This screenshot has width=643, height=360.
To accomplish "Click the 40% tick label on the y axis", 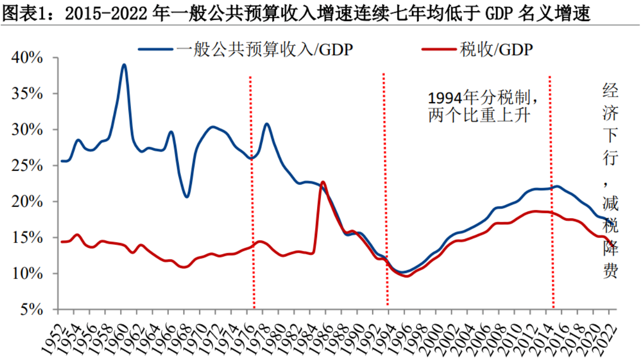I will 29,58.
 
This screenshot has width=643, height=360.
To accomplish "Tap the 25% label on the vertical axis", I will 29,166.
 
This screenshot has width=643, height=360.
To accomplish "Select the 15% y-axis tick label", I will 29,238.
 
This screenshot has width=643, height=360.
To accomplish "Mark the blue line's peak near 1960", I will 124,65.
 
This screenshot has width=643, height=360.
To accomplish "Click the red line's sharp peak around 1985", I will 323,182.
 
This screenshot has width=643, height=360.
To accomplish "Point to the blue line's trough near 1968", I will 187,197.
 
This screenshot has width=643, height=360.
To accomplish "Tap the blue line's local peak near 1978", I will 267,124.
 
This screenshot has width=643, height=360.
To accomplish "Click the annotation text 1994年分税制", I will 482,97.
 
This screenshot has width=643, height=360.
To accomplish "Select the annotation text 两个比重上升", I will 479,116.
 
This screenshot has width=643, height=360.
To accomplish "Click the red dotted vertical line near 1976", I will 252,198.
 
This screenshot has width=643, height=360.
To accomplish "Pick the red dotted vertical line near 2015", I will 551,198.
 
